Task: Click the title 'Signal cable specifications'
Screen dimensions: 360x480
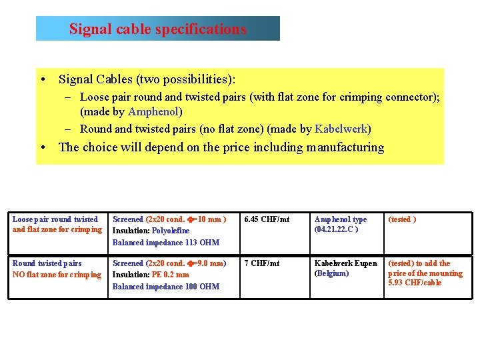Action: tap(158, 29)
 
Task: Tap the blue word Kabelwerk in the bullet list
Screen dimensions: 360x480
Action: tap(341, 129)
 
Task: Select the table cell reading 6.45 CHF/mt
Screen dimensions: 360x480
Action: tap(267, 219)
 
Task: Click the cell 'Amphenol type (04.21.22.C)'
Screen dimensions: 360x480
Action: tap(340, 224)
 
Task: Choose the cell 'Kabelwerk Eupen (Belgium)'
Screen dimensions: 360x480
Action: tap(345, 268)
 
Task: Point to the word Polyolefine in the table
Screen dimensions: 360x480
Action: tap(171, 231)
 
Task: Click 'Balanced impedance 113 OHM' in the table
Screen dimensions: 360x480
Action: tap(166, 243)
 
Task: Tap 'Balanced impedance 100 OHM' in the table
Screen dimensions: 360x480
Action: tap(166, 287)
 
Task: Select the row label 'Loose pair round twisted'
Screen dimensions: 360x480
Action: tap(55, 219)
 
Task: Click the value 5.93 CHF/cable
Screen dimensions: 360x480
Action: tap(415, 283)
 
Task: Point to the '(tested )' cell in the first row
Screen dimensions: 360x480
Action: tap(402, 219)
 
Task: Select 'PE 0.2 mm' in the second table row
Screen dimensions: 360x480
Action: tap(171, 275)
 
